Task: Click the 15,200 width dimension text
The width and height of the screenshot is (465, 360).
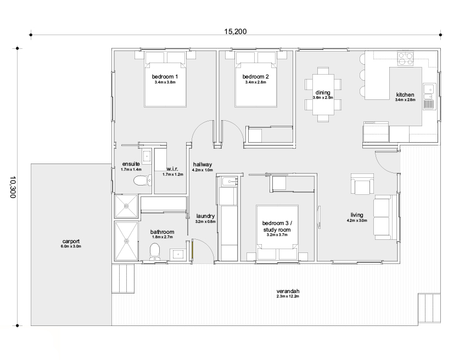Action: tap(235, 31)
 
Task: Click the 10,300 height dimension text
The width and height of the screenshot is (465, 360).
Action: tap(13, 187)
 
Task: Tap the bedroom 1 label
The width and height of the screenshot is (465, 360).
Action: tap(165, 76)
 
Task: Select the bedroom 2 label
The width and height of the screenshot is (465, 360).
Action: tap(255, 76)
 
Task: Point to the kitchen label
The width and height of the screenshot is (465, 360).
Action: tap(405, 94)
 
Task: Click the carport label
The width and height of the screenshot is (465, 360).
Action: tap(71, 241)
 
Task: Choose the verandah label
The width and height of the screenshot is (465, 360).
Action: tap(288, 291)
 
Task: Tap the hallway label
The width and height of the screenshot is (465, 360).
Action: tap(203, 164)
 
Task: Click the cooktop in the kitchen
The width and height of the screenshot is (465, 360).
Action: tap(405, 58)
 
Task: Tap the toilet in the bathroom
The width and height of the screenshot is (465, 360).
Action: tap(154, 252)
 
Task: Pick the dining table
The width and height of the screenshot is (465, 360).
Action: tap(323, 94)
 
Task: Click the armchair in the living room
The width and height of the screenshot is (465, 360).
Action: tap(362, 184)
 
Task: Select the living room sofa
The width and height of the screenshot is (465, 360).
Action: tap(385, 217)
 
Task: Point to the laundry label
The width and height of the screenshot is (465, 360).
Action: tap(205, 216)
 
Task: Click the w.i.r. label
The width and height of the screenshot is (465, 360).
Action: tap(172, 169)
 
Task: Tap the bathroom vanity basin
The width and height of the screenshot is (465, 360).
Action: tap(178, 254)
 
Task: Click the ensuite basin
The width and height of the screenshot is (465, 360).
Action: tap(147, 156)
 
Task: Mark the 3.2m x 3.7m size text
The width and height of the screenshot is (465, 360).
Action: tap(277, 234)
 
